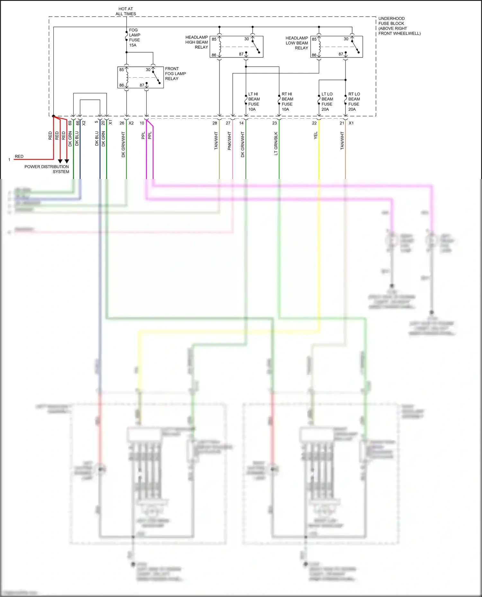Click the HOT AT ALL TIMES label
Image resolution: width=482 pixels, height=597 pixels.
click(x=126, y=11)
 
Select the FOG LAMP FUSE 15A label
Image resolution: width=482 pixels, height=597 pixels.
click(x=134, y=38)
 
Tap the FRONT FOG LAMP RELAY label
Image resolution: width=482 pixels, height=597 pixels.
click(x=175, y=73)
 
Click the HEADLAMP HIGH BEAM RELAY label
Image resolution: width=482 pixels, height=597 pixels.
click(x=197, y=42)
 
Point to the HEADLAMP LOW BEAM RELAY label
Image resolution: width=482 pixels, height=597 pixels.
click(x=297, y=43)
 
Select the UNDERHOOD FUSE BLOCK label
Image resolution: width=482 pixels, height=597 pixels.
click(x=399, y=26)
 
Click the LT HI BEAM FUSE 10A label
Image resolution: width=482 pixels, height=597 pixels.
click(x=254, y=102)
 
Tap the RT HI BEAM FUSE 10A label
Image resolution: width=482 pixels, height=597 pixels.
click(x=287, y=102)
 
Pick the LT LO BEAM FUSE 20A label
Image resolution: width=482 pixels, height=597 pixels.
click(x=327, y=102)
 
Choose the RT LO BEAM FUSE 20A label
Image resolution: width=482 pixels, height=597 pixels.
click(x=354, y=102)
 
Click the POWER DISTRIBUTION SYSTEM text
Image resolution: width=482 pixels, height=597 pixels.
click(x=47, y=169)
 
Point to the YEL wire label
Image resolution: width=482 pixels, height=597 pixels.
click(x=316, y=135)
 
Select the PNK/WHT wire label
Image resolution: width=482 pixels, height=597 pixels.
click(x=229, y=141)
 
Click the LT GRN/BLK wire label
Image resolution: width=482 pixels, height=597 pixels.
click(x=276, y=143)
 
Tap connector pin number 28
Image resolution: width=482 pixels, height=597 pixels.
click(x=215, y=123)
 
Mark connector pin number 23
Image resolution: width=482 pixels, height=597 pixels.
click(x=274, y=123)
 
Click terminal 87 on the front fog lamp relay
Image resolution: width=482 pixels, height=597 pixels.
click(x=142, y=85)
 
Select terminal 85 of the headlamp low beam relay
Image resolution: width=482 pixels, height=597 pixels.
click(x=314, y=39)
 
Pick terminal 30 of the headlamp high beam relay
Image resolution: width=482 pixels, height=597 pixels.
click(x=246, y=39)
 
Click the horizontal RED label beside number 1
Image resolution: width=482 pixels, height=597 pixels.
click(x=19, y=157)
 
